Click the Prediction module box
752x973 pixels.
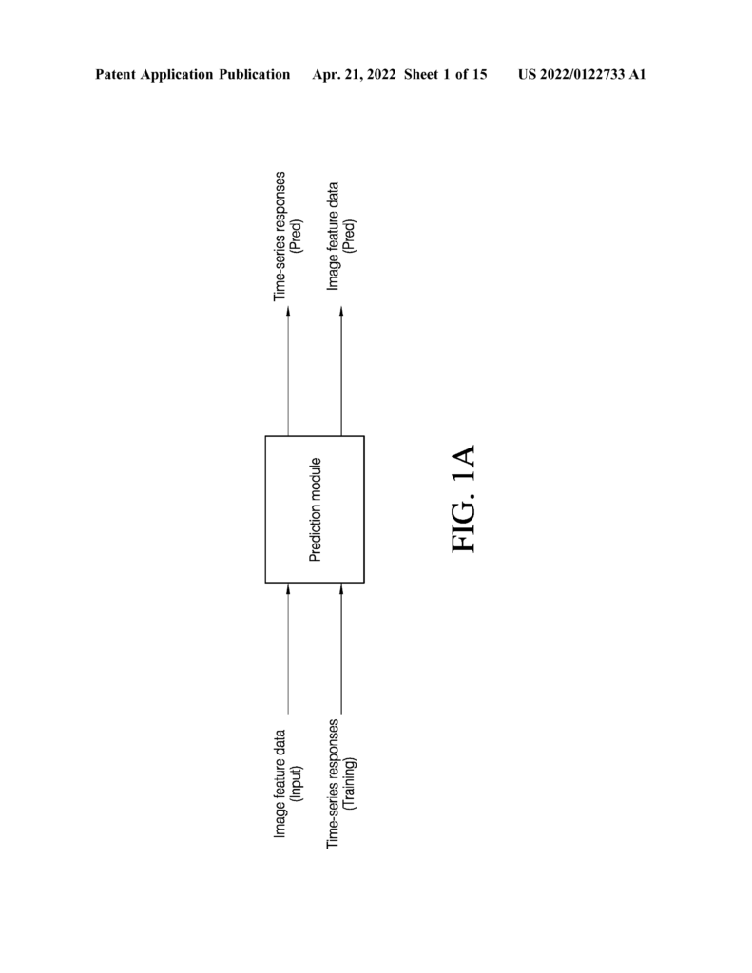pyautogui.click(x=315, y=509)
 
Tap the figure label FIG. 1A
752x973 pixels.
pyautogui.click(x=463, y=498)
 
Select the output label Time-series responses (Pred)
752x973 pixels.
pyautogui.click(x=288, y=237)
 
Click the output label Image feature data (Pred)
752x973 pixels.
pyautogui.click(x=341, y=236)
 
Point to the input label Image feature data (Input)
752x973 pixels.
pyautogui.click(x=288, y=784)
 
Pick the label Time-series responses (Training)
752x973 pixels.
pyautogui.click(x=341, y=784)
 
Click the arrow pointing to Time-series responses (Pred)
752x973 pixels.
pyautogui.click(x=288, y=372)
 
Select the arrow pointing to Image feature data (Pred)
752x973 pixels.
pyautogui.click(x=341, y=372)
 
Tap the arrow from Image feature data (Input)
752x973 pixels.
pyautogui.click(x=288, y=648)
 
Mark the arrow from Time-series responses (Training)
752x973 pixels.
pyautogui.click(x=341, y=648)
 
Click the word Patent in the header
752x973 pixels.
pyautogui.click(x=115, y=74)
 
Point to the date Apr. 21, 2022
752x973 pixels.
pyautogui.click(x=354, y=75)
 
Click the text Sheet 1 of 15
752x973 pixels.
pyautogui.click(x=445, y=75)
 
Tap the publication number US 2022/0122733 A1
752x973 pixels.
pyautogui.click(x=582, y=75)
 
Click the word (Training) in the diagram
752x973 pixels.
pyautogui.click(x=350, y=784)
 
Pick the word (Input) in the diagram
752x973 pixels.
pyautogui.click(x=297, y=784)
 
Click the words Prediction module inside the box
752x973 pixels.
pyautogui.click(x=316, y=509)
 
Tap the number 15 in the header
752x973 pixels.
pyautogui.click(x=479, y=74)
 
